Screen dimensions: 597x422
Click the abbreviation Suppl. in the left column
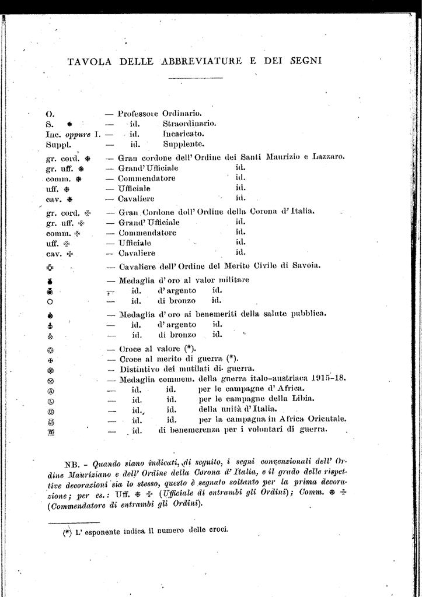tap(58, 144)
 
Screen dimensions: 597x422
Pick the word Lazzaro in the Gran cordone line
tap(328, 157)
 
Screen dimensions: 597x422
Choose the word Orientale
tap(324, 419)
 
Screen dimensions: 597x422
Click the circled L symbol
tap(50, 401)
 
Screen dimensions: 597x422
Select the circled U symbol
tap(50, 411)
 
